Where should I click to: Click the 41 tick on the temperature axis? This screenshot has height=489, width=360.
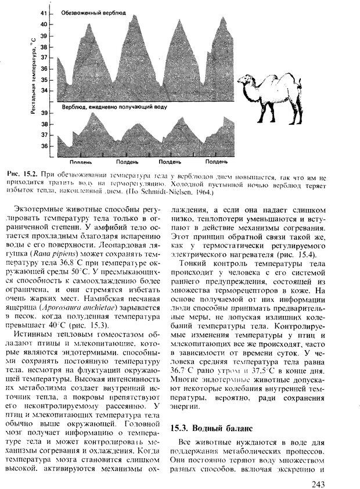(45, 14)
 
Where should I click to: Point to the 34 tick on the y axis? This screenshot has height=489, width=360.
(45, 91)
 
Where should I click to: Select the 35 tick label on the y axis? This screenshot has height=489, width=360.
(45, 80)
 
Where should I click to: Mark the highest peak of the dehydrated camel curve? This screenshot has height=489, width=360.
(135, 16)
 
